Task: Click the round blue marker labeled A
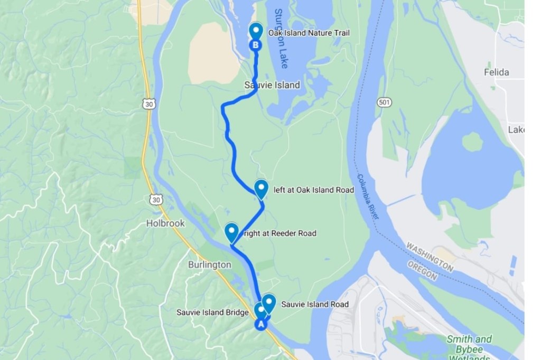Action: [260, 325]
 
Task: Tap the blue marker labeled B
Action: [256, 45]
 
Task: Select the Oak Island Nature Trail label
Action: [309, 33]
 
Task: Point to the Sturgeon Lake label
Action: [281, 39]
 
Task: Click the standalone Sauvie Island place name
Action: [272, 85]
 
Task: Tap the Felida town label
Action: [496, 72]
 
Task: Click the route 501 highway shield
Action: [384, 101]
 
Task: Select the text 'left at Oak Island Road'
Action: [314, 190]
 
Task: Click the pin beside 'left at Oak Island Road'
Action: [261, 189]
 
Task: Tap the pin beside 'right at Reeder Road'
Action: [231, 233]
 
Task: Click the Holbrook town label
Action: [165, 224]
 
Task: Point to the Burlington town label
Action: [210, 264]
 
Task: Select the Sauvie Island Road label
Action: [315, 304]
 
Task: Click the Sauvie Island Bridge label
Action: [212, 312]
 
